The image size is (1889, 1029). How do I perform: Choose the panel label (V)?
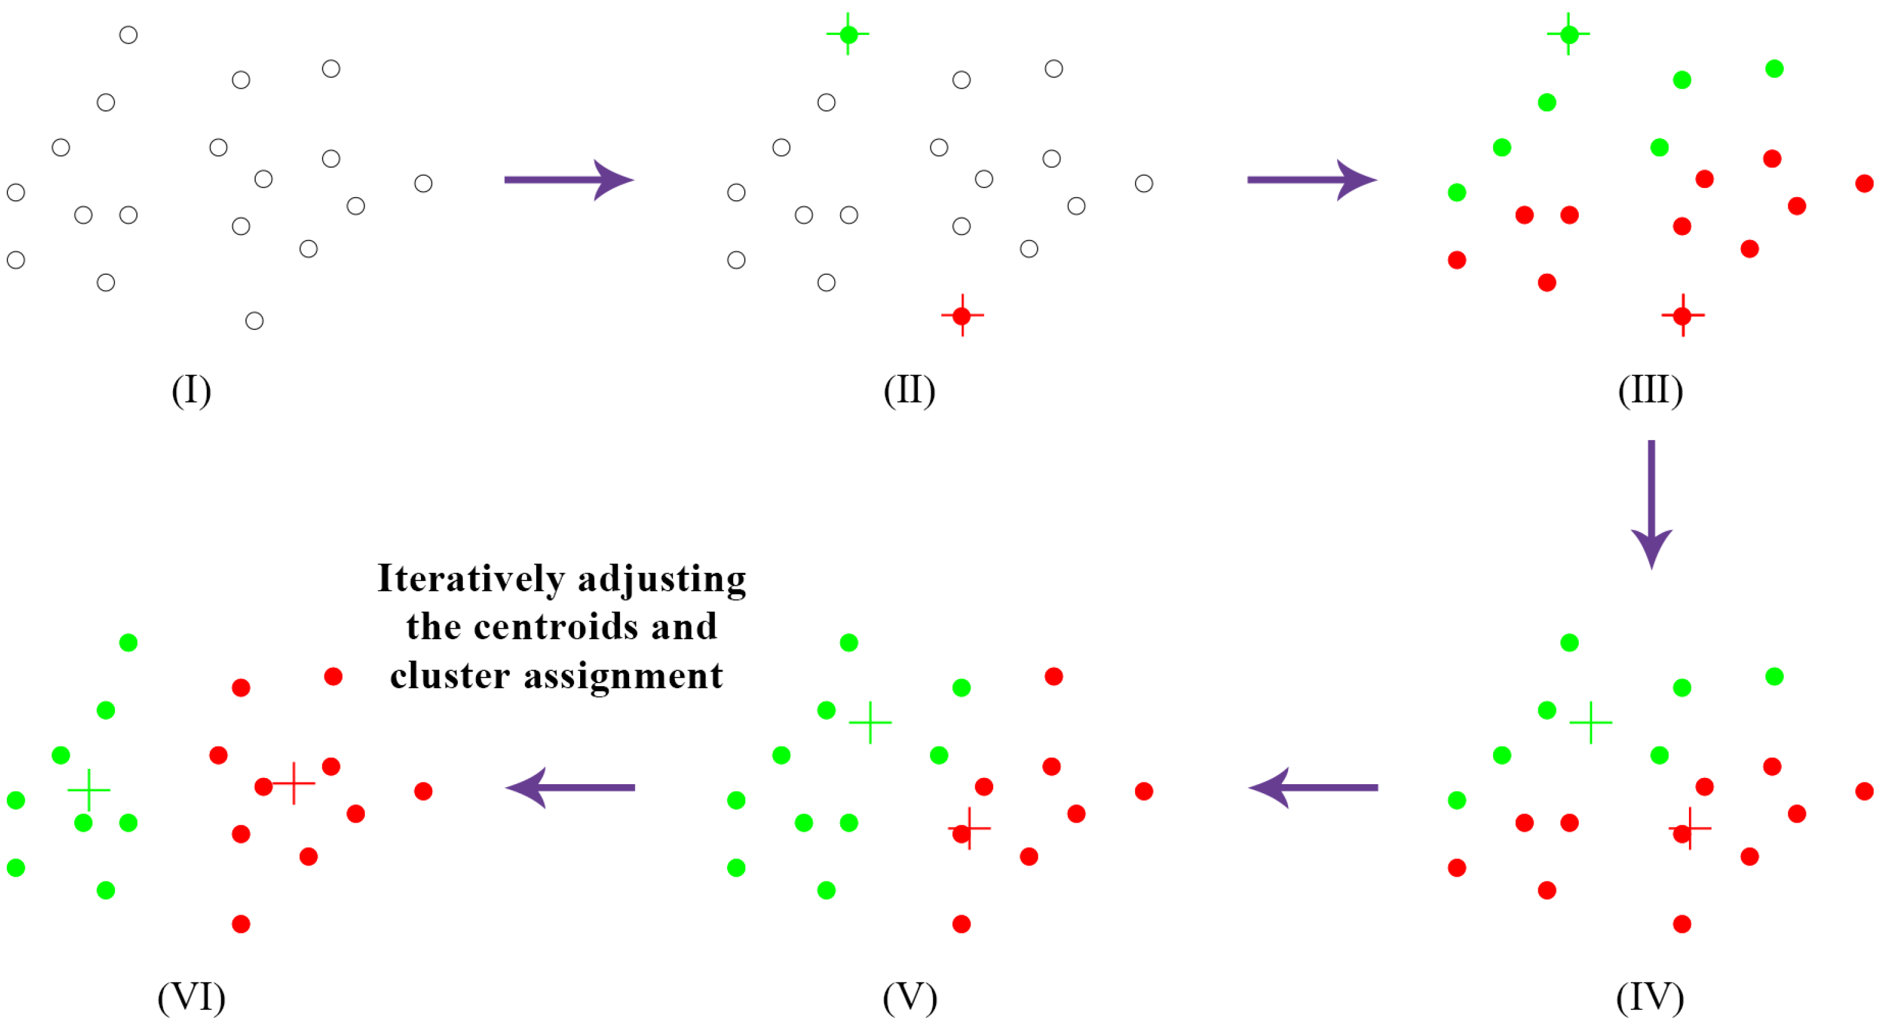pyautogui.click(x=909, y=997)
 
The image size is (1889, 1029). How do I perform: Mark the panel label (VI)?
pyautogui.click(x=192, y=997)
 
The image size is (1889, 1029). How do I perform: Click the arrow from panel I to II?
pyautogui.click(x=568, y=180)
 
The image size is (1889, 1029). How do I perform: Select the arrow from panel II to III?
pyautogui.click(x=1311, y=180)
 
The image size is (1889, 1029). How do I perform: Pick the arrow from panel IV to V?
pyautogui.click(x=1313, y=788)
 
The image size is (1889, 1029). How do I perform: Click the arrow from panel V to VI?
pyautogui.click(x=570, y=788)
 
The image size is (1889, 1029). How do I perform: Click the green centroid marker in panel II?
pyautogui.click(x=849, y=34)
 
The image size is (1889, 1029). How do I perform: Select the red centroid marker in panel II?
pyautogui.click(x=962, y=315)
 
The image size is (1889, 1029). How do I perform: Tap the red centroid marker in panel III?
pyautogui.click(x=1683, y=315)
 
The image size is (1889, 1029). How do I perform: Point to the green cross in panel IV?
pyautogui.click(x=1590, y=722)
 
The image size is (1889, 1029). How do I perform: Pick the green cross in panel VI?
pyautogui.click(x=89, y=790)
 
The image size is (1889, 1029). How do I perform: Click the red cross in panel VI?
pyautogui.click(x=293, y=784)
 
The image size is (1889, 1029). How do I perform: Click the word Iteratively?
pyautogui.click(x=471, y=580)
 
